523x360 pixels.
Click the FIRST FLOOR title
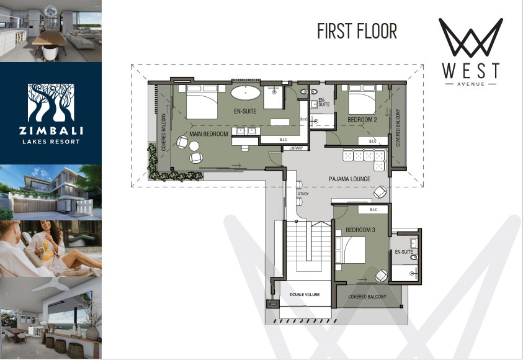coord(357,31)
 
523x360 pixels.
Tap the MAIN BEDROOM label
coord(209,134)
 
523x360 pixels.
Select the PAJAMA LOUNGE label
coord(349,179)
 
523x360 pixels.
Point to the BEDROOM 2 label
coord(362,119)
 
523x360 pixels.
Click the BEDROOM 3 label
coord(360,230)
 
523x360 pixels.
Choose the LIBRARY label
coord(296,148)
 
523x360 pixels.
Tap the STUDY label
coord(303,194)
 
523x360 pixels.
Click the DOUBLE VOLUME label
coord(305,295)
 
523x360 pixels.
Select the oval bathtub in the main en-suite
coord(246,92)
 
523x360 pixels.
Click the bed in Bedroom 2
coord(362,99)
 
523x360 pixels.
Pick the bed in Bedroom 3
coord(351,250)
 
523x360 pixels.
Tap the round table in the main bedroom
coord(194,146)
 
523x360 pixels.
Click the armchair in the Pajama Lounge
coord(380,192)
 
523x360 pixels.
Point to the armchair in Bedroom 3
coord(382,276)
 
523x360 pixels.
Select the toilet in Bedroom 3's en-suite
coord(414,257)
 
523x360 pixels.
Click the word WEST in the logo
coord(471,70)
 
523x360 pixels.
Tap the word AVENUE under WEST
coord(471,84)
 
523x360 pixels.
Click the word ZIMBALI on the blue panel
coord(51,130)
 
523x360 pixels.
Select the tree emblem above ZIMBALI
coord(51,103)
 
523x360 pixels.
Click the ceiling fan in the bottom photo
coord(53,285)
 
